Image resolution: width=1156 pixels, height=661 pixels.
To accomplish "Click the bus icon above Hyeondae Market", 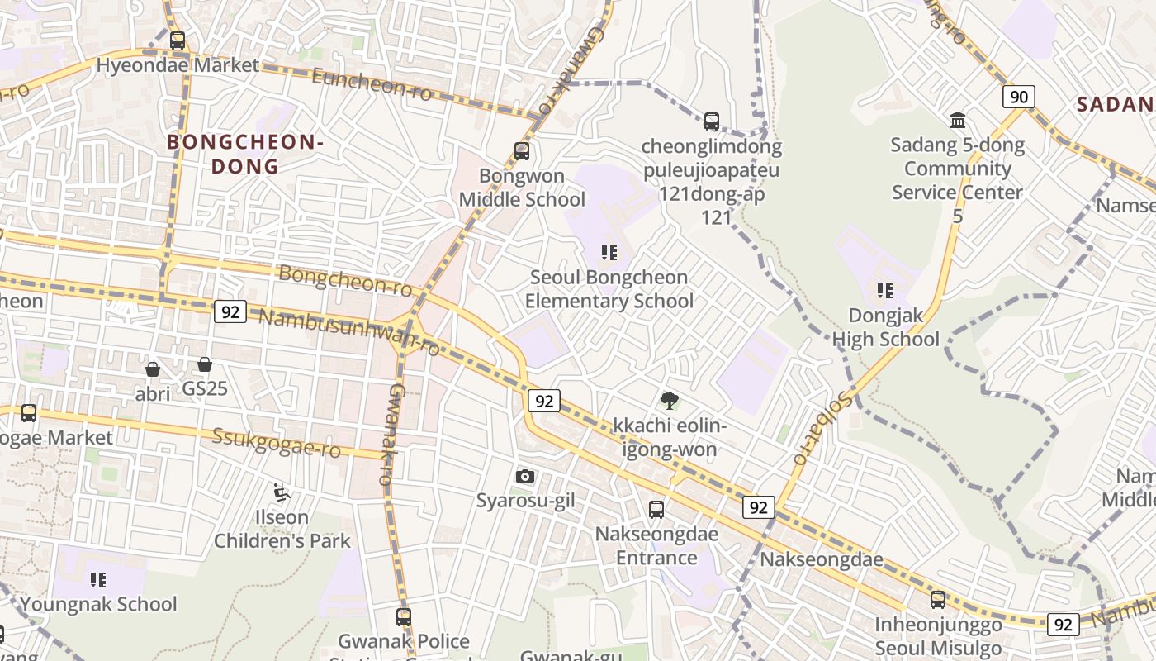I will click(x=177, y=40).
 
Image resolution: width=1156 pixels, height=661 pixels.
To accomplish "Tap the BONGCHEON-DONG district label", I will click(x=244, y=154).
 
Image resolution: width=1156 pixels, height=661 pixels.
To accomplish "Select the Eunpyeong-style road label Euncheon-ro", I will click(x=372, y=85).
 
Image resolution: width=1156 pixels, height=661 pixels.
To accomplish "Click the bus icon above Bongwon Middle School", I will click(x=521, y=150).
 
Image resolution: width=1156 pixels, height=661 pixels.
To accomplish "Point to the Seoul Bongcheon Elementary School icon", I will click(x=609, y=253).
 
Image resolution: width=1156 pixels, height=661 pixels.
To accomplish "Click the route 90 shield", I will click(x=1019, y=97).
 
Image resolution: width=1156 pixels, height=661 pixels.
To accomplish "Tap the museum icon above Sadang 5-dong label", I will click(x=958, y=121).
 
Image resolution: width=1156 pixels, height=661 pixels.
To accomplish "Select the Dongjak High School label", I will click(x=885, y=327).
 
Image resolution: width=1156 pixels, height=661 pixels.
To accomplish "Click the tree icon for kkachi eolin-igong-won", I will click(x=669, y=401).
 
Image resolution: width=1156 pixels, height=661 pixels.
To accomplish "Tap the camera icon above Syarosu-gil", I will click(x=524, y=476).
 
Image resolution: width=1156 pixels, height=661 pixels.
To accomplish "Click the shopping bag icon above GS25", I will click(x=205, y=364).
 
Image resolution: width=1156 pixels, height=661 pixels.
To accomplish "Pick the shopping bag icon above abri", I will click(x=153, y=369).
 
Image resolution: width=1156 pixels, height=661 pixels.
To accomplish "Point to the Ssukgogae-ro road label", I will click(x=277, y=442).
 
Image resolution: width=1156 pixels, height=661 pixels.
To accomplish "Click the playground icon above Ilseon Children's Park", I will click(x=282, y=493).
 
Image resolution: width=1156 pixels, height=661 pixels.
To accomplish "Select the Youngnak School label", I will click(x=98, y=604).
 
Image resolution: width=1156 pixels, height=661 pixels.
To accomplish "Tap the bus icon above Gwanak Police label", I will click(x=403, y=616).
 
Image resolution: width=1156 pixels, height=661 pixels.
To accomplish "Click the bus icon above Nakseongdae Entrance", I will click(x=656, y=509).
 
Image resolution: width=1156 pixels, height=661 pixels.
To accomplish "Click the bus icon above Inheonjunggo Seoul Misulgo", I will click(x=938, y=599).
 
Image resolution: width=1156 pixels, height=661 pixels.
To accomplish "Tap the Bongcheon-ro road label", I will click(x=345, y=280).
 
